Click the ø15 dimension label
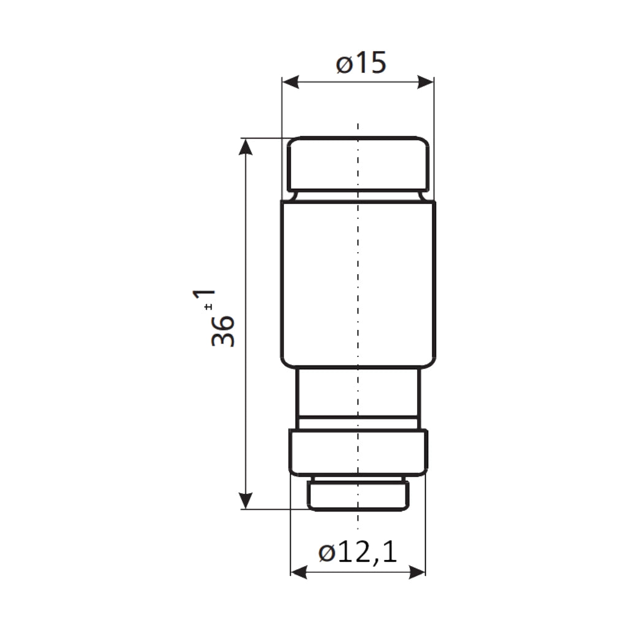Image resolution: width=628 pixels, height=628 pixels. tap(361, 63)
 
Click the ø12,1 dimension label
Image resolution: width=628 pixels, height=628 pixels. tap(358, 553)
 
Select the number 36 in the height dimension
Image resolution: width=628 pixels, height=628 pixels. tap(223, 331)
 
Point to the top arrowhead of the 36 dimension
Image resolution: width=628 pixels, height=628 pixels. tap(245, 147)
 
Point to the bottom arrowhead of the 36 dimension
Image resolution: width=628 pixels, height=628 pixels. tap(245, 500)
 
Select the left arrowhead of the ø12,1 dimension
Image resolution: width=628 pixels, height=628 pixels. tap(299, 572)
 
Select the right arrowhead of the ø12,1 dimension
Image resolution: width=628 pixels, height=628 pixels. tap(417, 572)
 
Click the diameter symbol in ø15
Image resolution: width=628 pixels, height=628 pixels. tap(343, 64)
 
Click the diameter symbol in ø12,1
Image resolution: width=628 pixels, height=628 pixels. tap(326, 554)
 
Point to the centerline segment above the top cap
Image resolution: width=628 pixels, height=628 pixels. tap(358, 129)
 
